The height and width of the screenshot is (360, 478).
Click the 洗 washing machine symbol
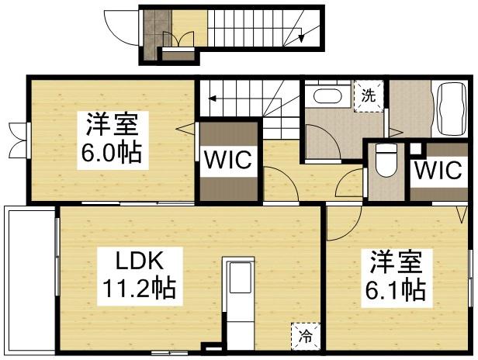coord(368,96)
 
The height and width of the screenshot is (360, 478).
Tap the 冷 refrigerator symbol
coord(304,335)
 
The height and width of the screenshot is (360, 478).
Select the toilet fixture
coord(383,163)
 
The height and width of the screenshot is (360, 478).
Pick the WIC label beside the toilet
coord(437,171)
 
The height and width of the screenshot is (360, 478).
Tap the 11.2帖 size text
coord(139,289)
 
